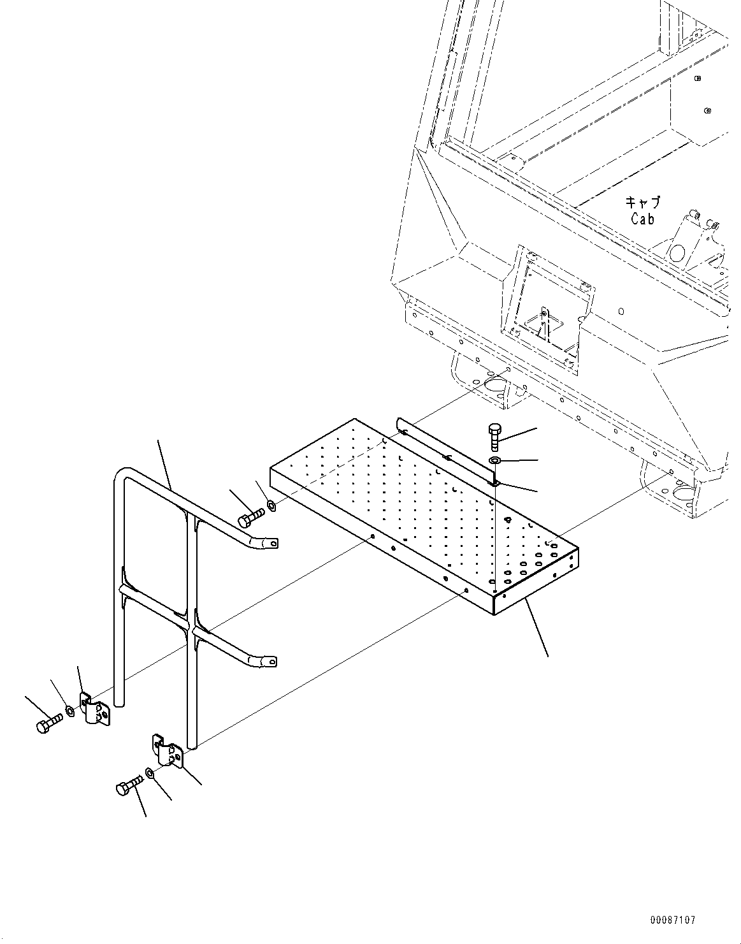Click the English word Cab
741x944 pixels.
pyautogui.click(x=643, y=219)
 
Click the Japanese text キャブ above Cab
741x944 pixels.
pyautogui.click(x=642, y=203)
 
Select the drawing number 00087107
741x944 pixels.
pyautogui.click(x=673, y=920)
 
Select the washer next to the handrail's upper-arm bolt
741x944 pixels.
pyautogui.click(x=271, y=505)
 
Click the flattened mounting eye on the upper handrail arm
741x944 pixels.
pyautogui.click(x=270, y=544)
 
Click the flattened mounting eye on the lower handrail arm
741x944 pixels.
pyautogui.click(x=270, y=662)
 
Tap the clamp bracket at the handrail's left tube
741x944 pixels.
pyautogui.click(x=94, y=711)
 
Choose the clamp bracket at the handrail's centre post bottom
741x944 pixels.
pyautogui.click(x=167, y=750)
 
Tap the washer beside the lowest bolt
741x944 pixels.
pyautogui.click(x=150, y=773)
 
